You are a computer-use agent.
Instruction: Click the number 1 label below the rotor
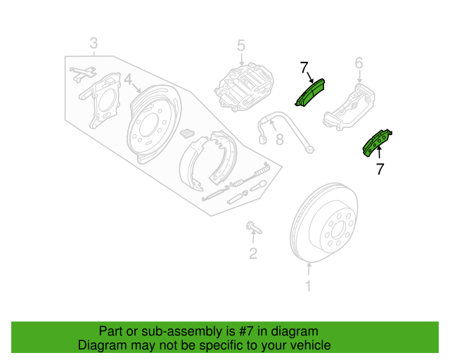(307, 285)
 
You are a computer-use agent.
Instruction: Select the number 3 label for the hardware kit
(94, 44)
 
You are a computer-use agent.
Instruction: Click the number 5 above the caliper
(240, 46)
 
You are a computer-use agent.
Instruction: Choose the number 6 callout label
(359, 65)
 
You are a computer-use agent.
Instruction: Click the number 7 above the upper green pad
(304, 67)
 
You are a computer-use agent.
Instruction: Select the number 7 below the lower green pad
(380, 169)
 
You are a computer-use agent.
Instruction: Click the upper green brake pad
(309, 92)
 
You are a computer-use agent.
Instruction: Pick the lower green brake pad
(377, 142)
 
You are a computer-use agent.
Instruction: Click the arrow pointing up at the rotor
(307, 268)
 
